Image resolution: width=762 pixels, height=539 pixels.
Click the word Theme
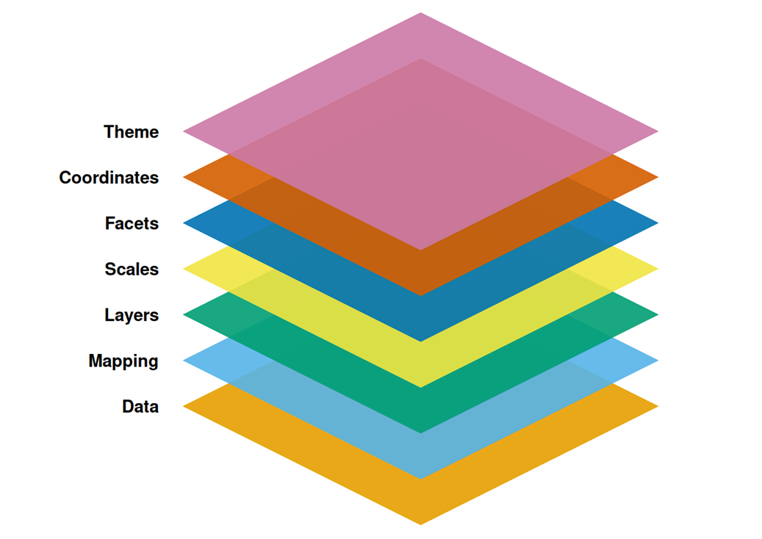(132, 131)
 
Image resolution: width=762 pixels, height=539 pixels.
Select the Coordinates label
(109, 178)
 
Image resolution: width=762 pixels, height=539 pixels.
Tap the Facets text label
(132, 223)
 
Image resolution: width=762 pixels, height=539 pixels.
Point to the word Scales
(132, 269)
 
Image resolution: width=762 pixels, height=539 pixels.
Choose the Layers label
(132, 315)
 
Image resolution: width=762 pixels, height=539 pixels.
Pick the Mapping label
(123, 361)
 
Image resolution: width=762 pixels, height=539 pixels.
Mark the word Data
(140, 406)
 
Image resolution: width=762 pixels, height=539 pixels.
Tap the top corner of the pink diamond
(420, 13)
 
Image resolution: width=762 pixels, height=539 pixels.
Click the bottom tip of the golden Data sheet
(420, 524)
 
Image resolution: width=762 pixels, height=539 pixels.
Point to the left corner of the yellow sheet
(184, 269)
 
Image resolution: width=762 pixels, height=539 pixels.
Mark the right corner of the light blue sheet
(658, 361)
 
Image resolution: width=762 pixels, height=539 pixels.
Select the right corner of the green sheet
(658, 314)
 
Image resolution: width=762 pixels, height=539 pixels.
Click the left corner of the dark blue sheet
(184, 223)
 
